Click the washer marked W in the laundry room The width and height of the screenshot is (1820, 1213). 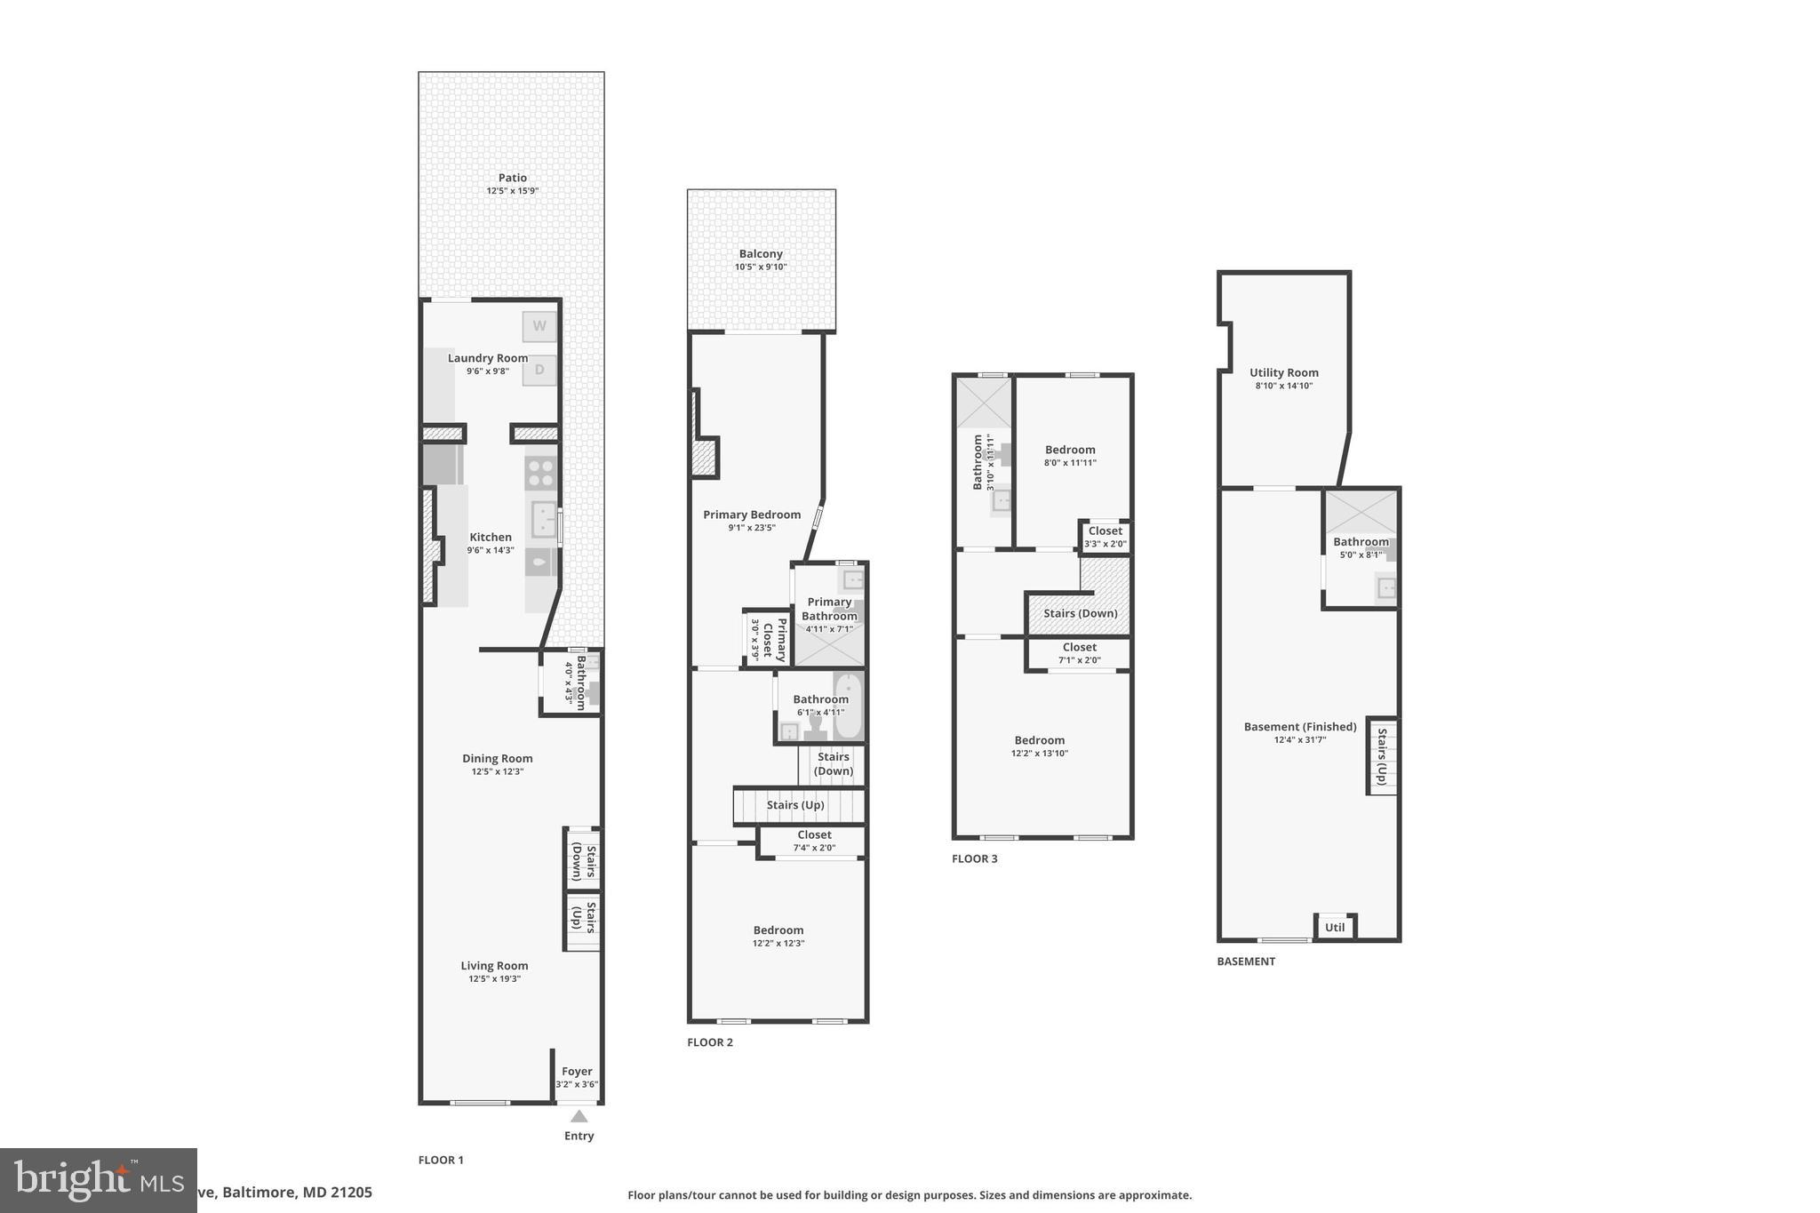click(539, 326)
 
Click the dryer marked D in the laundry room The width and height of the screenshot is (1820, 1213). click(539, 370)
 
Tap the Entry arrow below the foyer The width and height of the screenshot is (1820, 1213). click(579, 1116)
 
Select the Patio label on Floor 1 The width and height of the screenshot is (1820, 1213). click(512, 178)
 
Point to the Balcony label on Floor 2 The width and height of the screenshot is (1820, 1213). click(761, 254)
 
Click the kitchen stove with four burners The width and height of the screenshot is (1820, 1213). click(540, 471)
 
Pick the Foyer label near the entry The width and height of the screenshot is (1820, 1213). click(577, 1072)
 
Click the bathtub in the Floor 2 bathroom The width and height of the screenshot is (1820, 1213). click(849, 706)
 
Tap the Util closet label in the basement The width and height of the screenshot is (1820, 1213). click(1335, 928)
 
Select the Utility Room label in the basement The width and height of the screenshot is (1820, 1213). click(1283, 373)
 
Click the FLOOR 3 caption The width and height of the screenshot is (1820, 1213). click(974, 859)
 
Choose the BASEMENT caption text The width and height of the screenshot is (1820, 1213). click(1245, 962)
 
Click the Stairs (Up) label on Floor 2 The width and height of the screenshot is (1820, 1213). click(795, 805)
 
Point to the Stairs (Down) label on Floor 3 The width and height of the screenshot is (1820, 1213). click(1080, 613)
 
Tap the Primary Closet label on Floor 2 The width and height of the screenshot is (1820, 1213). click(775, 639)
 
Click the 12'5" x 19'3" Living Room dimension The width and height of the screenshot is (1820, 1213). click(494, 979)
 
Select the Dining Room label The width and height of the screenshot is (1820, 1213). click(497, 759)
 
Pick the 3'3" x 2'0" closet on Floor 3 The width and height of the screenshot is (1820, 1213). click(1105, 538)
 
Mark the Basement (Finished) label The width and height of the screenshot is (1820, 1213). click(1299, 727)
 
